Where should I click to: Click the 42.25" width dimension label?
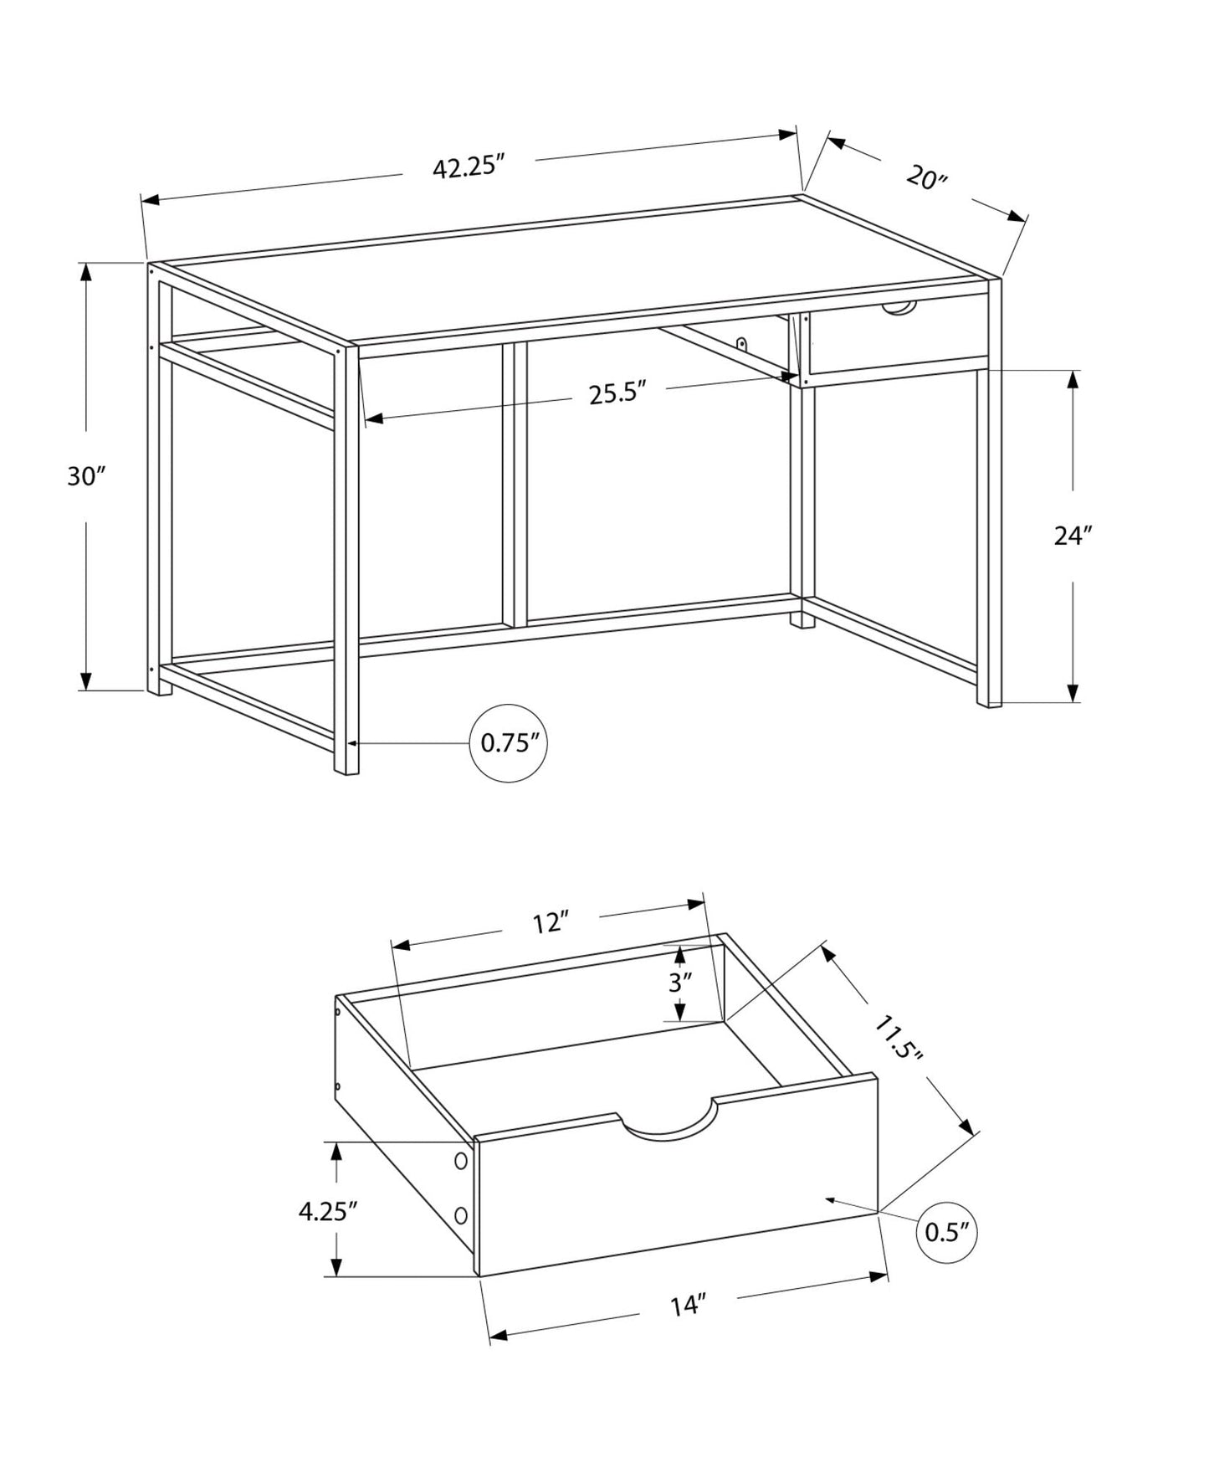pyautogui.click(x=470, y=167)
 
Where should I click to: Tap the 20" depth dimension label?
pyautogui.click(x=925, y=178)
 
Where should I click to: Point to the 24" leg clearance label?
pyautogui.click(x=1073, y=536)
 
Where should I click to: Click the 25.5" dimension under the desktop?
pyautogui.click(x=618, y=393)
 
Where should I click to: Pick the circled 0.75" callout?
pyautogui.click(x=508, y=743)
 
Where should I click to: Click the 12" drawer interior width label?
pyautogui.click(x=551, y=923)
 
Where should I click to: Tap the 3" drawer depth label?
pyautogui.click(x=680, y=983)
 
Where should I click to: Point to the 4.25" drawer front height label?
pyautogui.click(x=328, y=1211)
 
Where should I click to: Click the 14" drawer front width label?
pyautogui.click(x=688, y=1306)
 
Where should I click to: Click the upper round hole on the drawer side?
pyautogui.click(x=460, y=1161)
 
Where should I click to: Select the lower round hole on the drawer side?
pyautogui.click(x=460, y=1214)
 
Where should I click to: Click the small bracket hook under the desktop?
pyautogui.click(x=741, y=343)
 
